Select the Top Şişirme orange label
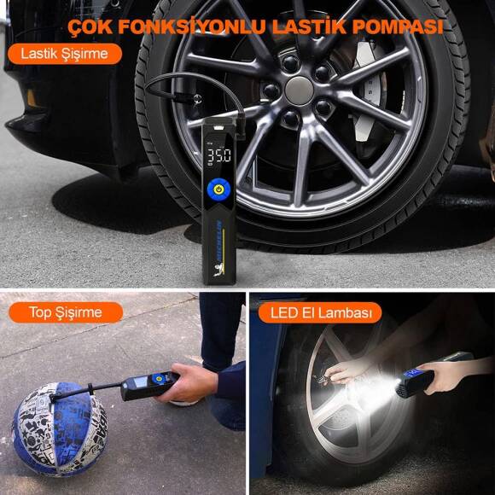coord(66,312)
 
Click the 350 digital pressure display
coord(218,156)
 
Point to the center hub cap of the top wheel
coord(299,90)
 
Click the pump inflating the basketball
coord(145,386)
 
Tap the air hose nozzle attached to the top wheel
coord(189,102)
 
